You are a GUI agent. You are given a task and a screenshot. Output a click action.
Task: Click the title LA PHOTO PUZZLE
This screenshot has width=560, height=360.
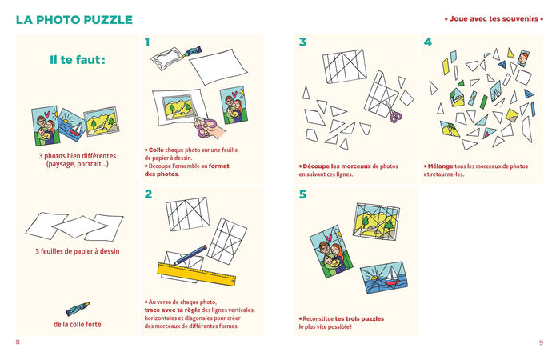[x=74, y=19]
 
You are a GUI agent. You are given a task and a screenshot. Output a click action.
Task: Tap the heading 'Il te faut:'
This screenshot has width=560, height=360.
[x=77, y=60]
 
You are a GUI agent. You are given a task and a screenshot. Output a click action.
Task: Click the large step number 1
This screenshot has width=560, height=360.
[x=148, y=42]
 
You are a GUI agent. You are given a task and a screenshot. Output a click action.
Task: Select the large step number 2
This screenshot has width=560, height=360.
[x=148, y=194]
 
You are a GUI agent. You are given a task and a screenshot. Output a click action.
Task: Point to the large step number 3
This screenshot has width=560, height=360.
[x=302, y=42]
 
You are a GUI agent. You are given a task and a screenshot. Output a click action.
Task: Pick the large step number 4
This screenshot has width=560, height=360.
[x=428, y=42]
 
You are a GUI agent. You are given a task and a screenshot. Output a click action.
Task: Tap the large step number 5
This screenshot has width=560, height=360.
[x=302, y=194]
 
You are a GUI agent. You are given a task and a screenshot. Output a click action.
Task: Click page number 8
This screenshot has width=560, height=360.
[x=18, y=342]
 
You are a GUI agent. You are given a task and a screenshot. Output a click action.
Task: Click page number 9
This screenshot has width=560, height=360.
[x=541, y=342]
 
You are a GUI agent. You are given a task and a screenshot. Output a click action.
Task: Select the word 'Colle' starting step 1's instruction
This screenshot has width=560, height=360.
[x=157, y=150]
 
